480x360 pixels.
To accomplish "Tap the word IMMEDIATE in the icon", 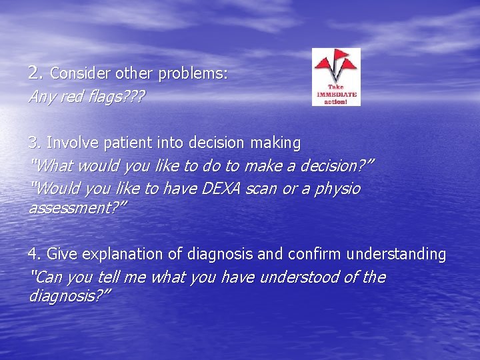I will (336, 95).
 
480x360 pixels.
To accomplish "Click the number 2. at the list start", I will (35, 73).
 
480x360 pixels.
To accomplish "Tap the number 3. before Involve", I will (35, 143).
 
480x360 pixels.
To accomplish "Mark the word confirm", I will (313, 254).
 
